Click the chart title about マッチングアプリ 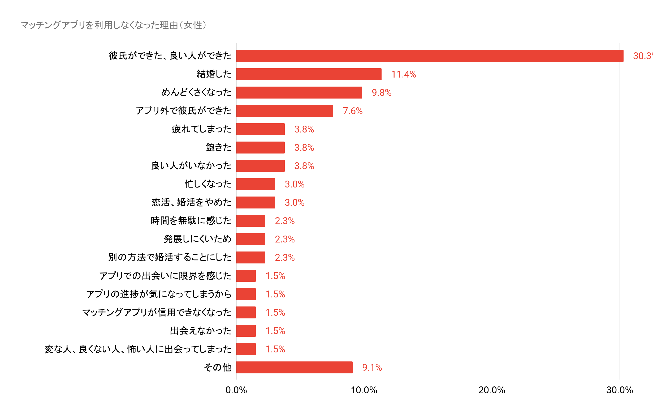tap(114, 25)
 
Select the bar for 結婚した tap(309, 74)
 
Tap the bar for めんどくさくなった tap(299, 92)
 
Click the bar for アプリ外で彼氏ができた tap(285, 111)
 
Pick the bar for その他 tap(294, 367)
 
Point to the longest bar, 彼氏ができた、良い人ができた tap(430, 56)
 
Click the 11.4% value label tap(404, 74)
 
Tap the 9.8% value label tap(382, 93)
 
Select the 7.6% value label tap(353, 111)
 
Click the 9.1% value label tap(372, 368)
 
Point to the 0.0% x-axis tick tap(236, 390)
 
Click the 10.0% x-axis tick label tap(364, 390)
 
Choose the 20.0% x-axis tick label tap(492, 390)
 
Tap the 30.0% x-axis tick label tap(620, 390)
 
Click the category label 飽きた tap(218, 147)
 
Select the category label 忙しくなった tap(208, 184)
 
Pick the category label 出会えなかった tap(201, 331)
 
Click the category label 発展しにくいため tap(197, 239)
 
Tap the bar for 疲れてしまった tap(260, 129)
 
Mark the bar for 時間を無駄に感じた tap(251, 221)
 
